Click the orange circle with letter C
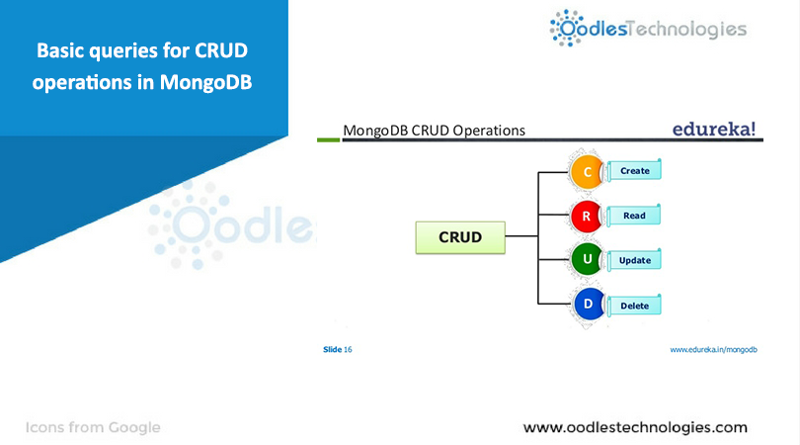click(x=586, y=171)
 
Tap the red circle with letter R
click(x=586, y=216)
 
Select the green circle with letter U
click(x=586, y=260)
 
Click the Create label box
click(x=634, y=171)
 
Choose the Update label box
click(x=634, y=261)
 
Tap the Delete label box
click(x=634, y=306)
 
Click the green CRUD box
click(x=460, y=237)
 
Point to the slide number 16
click(x=348, y=350)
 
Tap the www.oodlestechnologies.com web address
click(x=635, y=427)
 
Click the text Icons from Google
click(x=93, y=427)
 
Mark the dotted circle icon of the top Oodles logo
click(x=567, y=28)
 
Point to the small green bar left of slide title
click(x=328, y=139)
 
